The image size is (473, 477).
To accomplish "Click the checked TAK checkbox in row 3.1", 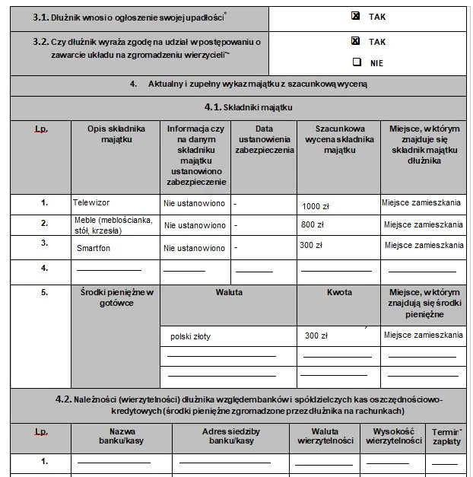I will [355, 15].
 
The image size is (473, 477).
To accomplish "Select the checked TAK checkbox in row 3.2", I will [355, 42].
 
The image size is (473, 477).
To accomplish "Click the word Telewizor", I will [91, 203].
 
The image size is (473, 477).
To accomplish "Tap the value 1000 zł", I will [315, 206].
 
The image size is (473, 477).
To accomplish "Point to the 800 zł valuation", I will [313, 225].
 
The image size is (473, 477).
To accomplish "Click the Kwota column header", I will [339, 292].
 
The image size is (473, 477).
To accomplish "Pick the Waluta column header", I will [228, 292].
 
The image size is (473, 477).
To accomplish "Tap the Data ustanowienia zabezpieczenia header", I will [264, 140].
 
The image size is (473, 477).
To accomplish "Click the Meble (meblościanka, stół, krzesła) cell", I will [113, 226].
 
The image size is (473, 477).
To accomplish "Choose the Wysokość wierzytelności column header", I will [392, 435].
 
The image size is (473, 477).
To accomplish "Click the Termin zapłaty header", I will [445, 435].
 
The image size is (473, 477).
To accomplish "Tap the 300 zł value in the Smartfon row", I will [311, 246].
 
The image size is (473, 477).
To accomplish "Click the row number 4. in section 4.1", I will [45, 268].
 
